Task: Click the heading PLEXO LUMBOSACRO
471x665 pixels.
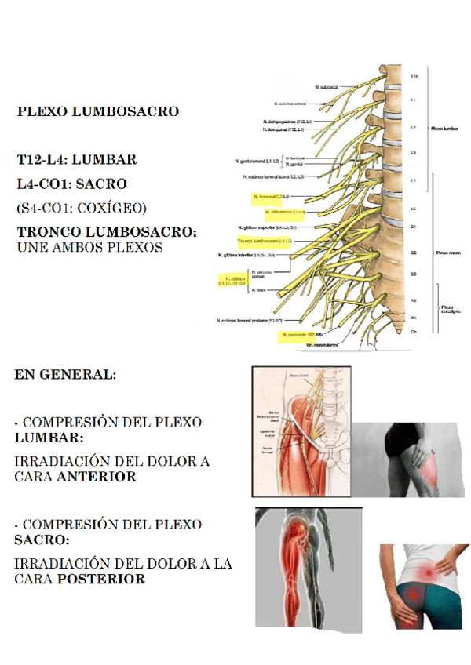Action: tap(98, 111)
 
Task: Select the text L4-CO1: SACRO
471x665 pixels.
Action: tap(71, 184)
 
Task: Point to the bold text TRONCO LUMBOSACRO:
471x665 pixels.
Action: tap(107, 233)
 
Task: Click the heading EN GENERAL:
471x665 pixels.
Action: tap(65, 374)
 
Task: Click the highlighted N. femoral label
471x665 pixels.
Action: tap(272, 196)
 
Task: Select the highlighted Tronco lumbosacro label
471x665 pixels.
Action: tap(265, 241)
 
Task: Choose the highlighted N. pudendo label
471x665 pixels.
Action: tap(300, 335)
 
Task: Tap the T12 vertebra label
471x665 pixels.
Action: tap(414, 77)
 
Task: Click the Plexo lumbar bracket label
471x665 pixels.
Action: tap(445, 127)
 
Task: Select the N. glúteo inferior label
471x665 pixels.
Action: tap(246, 255)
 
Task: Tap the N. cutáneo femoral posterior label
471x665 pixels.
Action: tap(250, 321)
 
